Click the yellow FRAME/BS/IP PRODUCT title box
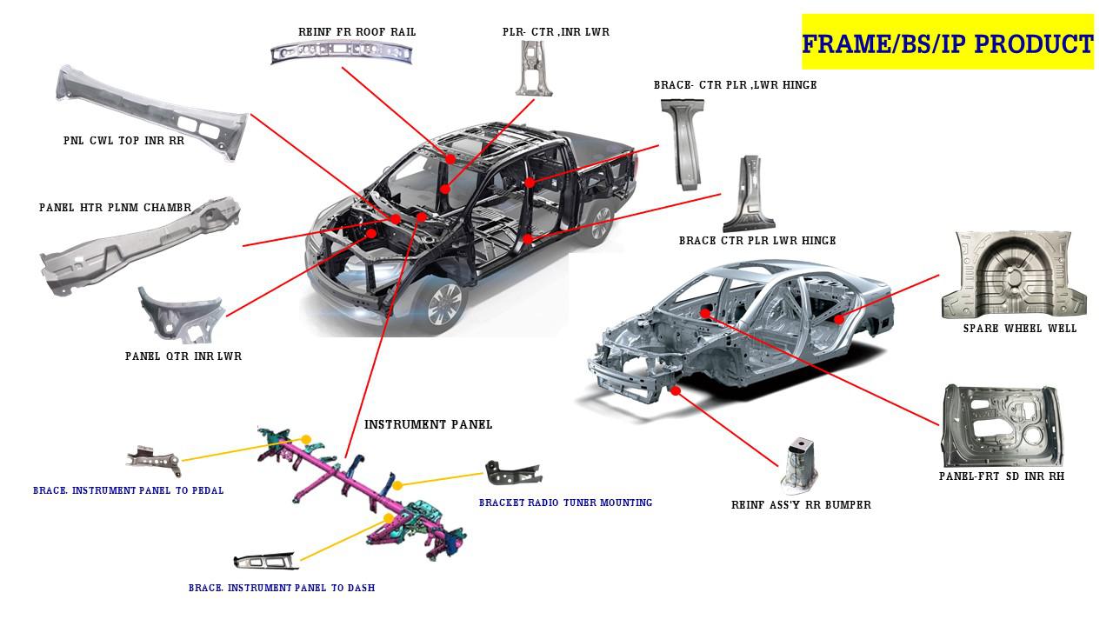pos(947,42)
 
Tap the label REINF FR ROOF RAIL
pos(357,32)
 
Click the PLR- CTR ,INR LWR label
pos(556,32)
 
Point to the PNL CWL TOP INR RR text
pos(123,140)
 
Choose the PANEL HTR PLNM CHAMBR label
pos(115,208)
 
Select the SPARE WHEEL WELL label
pos(1020,329)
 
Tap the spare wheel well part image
pos(1013,275)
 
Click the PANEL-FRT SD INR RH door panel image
pos(1001,426)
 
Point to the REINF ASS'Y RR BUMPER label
pos(801,505)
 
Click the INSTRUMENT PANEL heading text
pos(428,424)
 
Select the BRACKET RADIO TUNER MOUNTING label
pos(565,503)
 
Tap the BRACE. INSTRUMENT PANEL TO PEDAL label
pos(128,490)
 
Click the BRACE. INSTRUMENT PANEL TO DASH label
pos(282,588)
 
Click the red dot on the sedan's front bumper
pos(676,390)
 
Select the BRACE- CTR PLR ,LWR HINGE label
pos(735,85)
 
